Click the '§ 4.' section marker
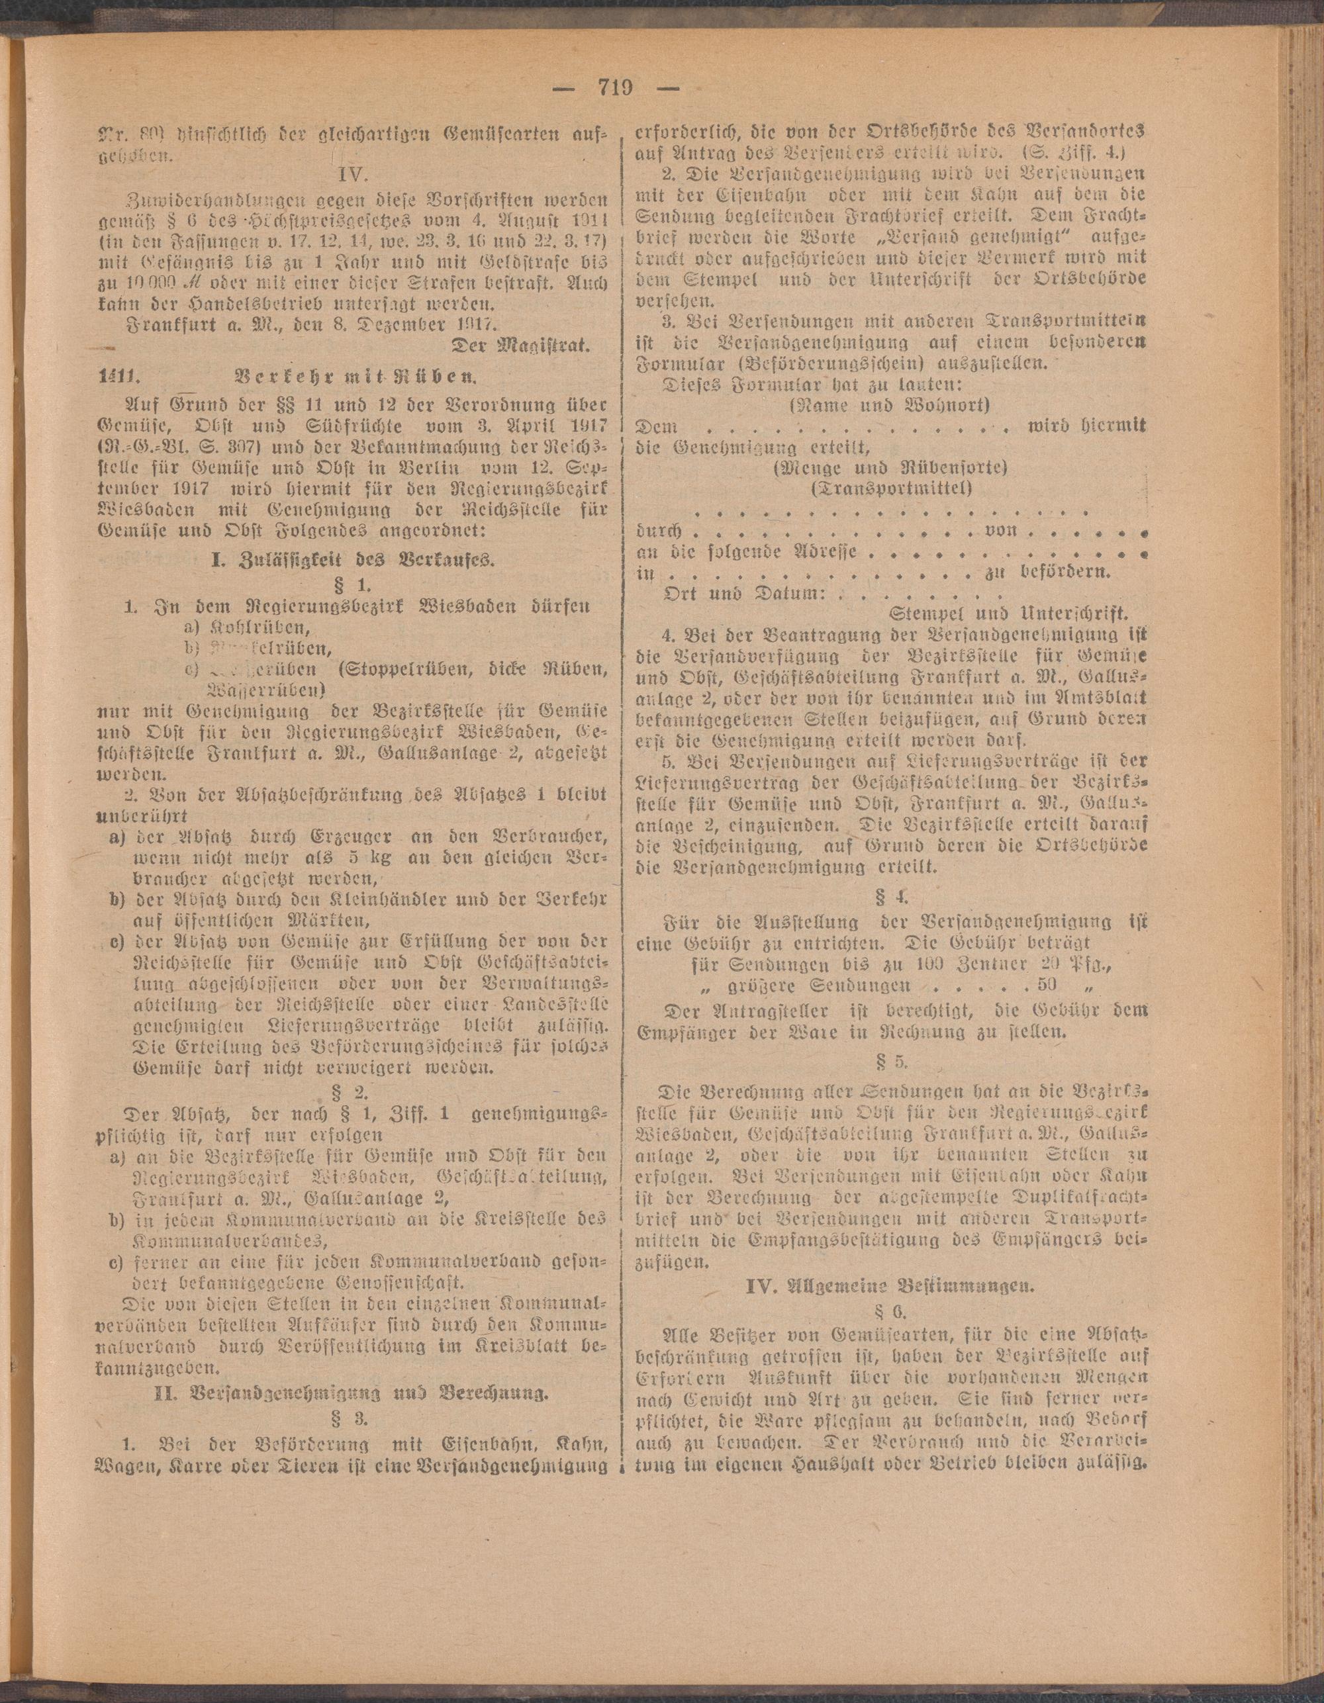click(x=894, y=895)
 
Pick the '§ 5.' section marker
click(x=894, y=1060)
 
